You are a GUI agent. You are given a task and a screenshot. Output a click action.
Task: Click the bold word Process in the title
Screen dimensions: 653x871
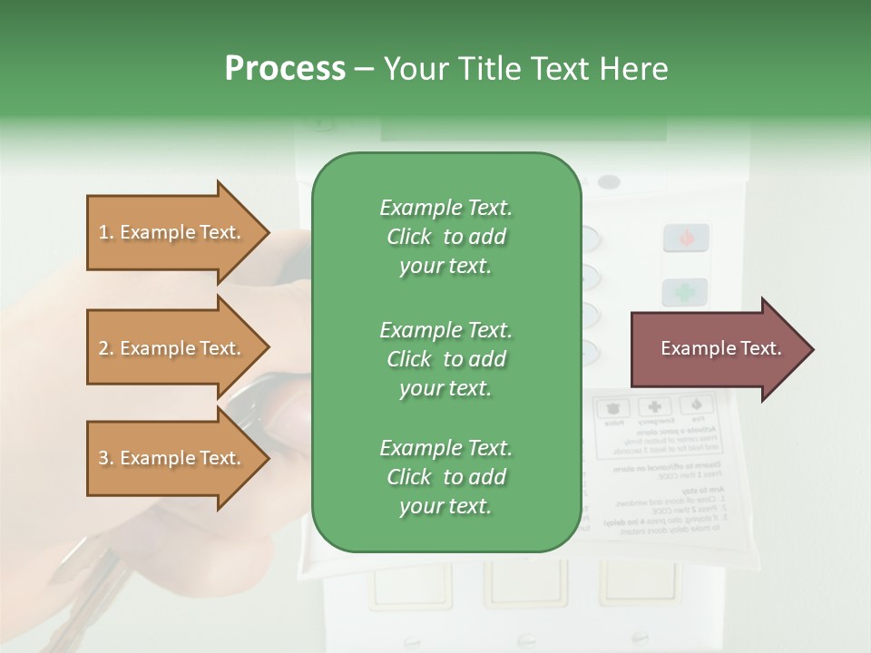[x=285, y=69]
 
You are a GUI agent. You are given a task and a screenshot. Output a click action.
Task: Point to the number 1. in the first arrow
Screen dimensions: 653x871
[x=106, y=232]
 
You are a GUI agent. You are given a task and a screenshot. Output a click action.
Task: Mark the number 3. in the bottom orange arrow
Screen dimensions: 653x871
[x=106, y=458]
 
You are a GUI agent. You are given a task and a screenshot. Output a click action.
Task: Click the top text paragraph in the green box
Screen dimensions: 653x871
[x=445, y=237]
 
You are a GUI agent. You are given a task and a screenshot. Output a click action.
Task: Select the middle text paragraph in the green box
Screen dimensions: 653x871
[x=445, y=358]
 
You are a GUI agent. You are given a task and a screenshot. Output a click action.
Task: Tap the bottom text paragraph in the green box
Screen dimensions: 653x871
[x=445, y=477]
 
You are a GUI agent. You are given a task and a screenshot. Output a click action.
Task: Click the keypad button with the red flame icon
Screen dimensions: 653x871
[x=685, y=238]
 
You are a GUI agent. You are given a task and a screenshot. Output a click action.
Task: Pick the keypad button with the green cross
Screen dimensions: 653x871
[x=685, y=292]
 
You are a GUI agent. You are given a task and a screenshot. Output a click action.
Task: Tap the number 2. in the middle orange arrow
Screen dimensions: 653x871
[x=106, y=348]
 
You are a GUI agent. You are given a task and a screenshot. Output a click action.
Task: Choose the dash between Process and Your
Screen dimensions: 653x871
[x=365, y=69]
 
